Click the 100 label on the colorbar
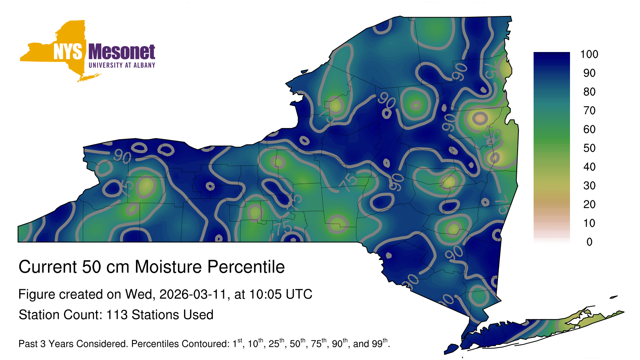(x=589, y=54)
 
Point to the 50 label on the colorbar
(x=589, y=148)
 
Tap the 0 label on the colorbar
(x=589, y=242)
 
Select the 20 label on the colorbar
(x=589, y=204)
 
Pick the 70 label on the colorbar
(x=589, y=110)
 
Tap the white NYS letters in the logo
(x=68, y=52)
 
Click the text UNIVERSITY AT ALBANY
(x=122, y=65)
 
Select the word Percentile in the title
(x=246, y=267)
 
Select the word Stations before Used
(x=154, y=315)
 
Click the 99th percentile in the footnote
(x=380, y=343)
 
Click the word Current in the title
(x=48, y=267)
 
